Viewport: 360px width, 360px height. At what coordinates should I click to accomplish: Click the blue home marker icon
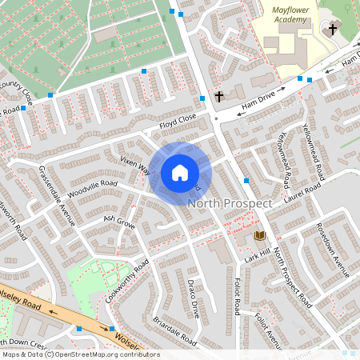tap(180, 172)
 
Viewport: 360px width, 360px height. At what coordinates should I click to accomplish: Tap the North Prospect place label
tap(230, 204)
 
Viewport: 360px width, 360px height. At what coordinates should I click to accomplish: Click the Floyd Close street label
tap(178, 121)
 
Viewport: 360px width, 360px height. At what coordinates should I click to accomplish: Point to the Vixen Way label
tap(135, 165)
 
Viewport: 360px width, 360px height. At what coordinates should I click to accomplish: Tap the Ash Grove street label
tap(119, 222)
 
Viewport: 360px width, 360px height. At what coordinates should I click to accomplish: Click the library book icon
tap(259, 236)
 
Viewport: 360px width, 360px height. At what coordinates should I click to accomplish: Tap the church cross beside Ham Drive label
tap(218, 96)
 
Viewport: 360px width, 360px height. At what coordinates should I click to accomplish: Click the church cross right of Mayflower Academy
tap(333, 29)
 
